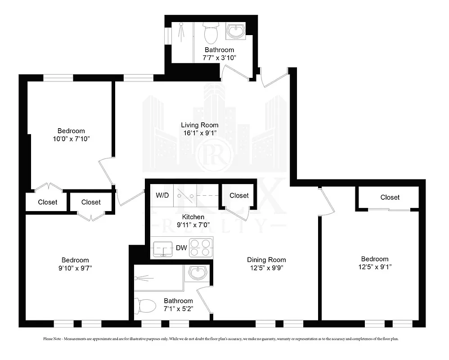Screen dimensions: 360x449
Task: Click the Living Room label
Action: point(200,125)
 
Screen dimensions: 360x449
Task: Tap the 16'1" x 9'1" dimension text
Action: point(200,133)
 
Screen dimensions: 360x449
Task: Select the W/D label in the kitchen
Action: point(162,196)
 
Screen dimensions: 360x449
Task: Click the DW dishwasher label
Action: point(181,247)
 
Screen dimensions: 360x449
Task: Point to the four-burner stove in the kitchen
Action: point(200,247)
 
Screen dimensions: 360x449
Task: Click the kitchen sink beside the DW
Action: point(162,248)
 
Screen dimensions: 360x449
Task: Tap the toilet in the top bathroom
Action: point(211,33)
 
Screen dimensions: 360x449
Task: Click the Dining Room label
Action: point(266,260)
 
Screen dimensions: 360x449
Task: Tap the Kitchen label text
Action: point(193,217)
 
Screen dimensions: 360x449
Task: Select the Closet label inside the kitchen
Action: point(239,195)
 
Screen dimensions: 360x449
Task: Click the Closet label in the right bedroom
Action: point(390,197)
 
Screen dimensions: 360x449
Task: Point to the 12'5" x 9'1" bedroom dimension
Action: point(375,267)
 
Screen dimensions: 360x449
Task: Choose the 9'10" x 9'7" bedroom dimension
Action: point(75,268)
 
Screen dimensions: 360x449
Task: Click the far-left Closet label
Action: point(47,202)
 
